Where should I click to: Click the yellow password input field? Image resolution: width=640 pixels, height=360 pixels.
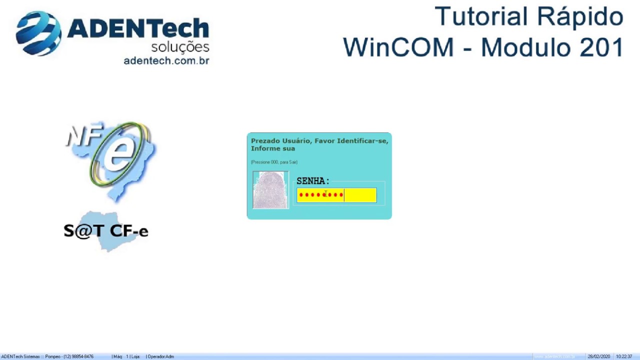click(x=336, y=195)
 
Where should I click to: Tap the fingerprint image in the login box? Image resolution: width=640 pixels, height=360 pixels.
click(x=270, y=189)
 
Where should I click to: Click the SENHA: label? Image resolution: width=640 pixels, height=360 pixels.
click(x=312, y=181)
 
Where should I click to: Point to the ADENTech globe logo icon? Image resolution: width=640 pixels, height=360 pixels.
click(x=38, y=33)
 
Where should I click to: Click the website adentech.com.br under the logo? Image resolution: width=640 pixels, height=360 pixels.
click(x=166, y=60)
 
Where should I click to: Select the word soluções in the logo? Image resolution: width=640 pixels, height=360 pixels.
click(x=180, y=47)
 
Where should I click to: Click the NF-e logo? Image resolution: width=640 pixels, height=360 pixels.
click(x=111, y=157)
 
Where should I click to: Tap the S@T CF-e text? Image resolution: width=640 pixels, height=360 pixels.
click(x=106, y=231)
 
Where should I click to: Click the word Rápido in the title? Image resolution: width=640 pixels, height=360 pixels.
click(x=580, y=16)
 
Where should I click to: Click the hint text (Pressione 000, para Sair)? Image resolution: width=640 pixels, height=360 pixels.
click(x=274, y=162)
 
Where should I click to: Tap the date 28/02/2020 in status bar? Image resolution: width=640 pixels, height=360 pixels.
click(x=599, y=356)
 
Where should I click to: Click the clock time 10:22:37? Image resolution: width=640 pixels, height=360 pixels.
click(x=624, y=356)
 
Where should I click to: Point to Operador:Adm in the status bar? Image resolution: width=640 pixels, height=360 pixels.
click(x=160, y=356)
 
